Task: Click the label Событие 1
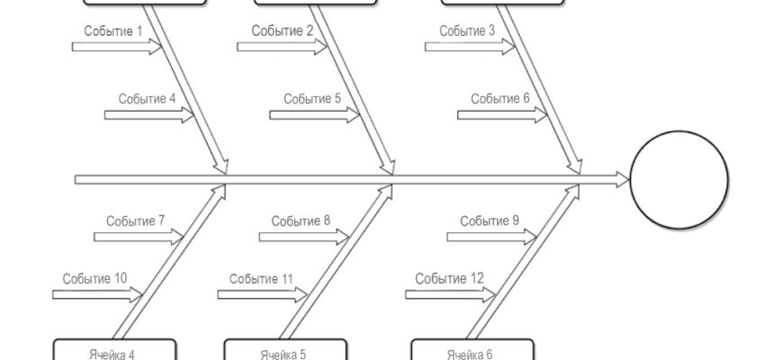[114, 31]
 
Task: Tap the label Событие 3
[467, 31]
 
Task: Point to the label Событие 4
[147, 99]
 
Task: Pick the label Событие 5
[312, 99]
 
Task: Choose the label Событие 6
[500, 99]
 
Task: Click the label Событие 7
[136, 220]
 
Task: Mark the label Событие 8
[301, 220]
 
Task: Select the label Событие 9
[490, 220]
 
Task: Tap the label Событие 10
[94, 278]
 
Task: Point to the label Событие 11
[261, 278]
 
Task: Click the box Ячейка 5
[284, 350]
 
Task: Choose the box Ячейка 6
[472, 350]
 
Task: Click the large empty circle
[679, 180]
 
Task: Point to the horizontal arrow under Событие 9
[490, 236]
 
